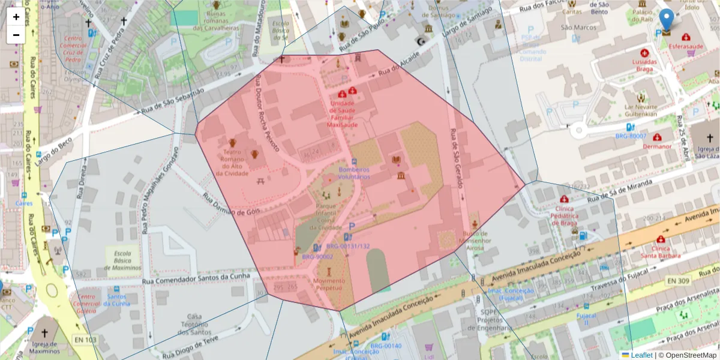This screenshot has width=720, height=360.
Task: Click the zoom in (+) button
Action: pos(16,17)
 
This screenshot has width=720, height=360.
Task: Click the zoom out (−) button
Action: pos(16,35)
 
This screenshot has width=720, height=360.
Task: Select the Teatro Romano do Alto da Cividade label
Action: pos(232,163)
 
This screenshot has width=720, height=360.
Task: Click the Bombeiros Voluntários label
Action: pos(354,173)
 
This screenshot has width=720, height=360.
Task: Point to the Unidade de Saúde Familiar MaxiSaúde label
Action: pos(343,114)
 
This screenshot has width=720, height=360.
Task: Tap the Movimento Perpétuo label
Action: pos(329,284)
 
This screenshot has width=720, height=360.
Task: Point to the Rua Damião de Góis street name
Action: pos(231,206)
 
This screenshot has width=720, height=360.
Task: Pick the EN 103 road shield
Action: pos(85,340)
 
